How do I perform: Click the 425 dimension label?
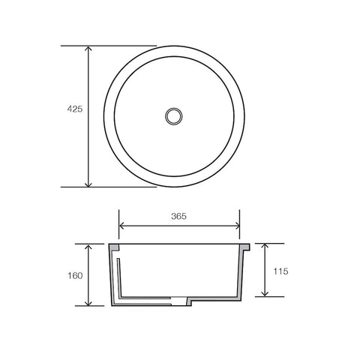(73, 109)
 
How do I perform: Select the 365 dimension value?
(178, 216)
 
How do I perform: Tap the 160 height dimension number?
(73, 274)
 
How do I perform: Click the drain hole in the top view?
(174, 116)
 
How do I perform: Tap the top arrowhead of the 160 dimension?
(88, 247)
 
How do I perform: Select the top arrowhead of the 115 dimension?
(264, 247)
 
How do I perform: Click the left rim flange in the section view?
(114, 247)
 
